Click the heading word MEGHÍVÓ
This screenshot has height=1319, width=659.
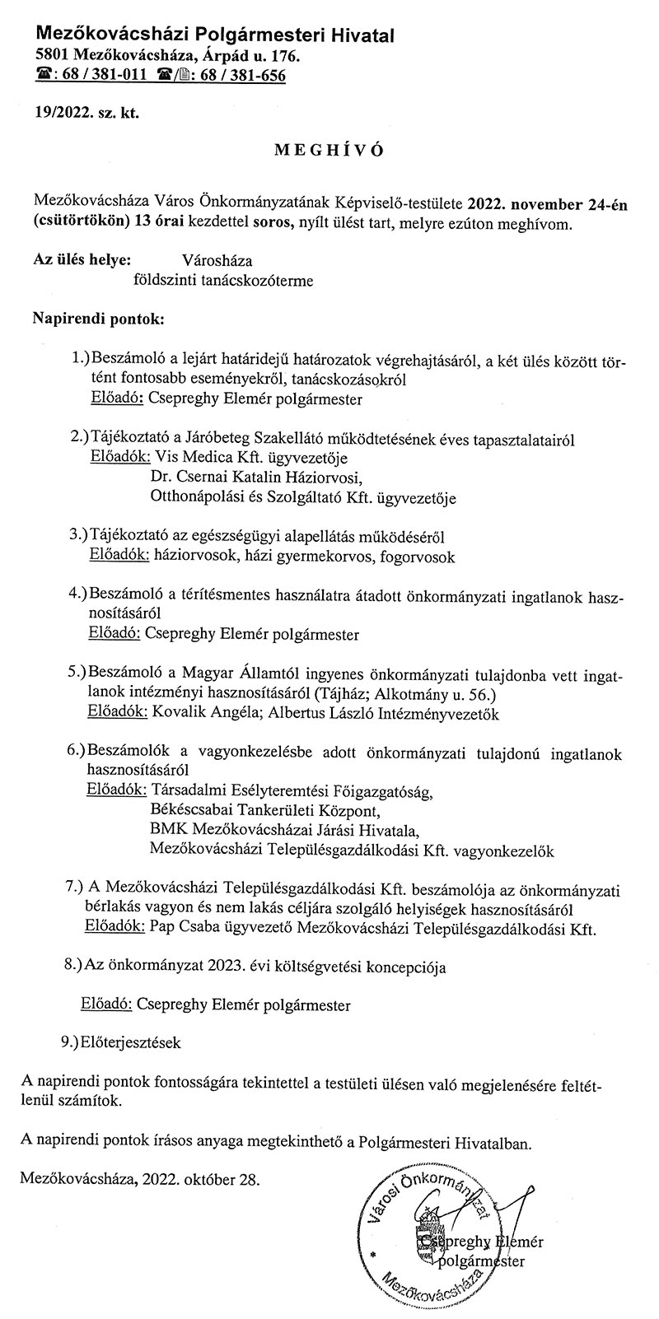tap(329, 152)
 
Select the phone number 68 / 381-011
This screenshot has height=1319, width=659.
tap(101, 75)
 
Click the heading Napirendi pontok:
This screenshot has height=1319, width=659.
tap(98, 317)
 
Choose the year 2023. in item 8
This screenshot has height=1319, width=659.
tap(227, 963)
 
